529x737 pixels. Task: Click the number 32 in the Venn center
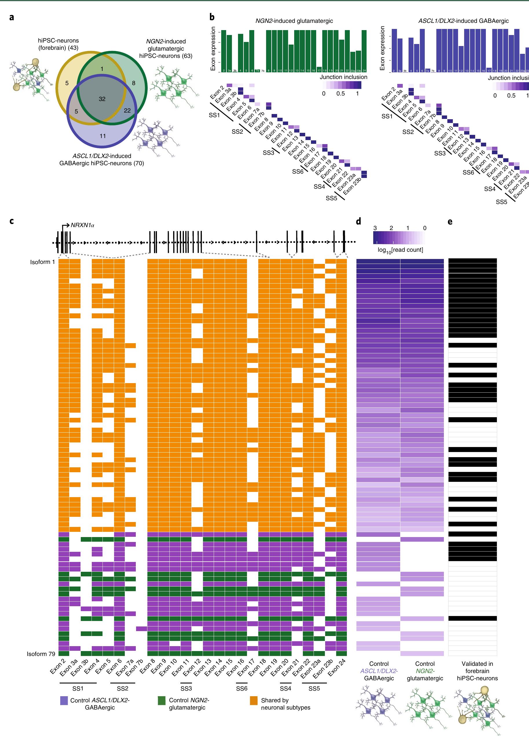[102, 99]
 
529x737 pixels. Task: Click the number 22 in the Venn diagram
[127, 111]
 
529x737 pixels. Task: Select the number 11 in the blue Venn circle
[103, 136]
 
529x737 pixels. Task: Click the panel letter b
[212, 17]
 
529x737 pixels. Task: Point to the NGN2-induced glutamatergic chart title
[294, 21]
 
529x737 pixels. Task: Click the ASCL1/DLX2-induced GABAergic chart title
[463, 21]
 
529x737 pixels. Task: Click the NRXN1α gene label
[82, 225]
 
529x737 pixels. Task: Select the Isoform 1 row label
[43, 262]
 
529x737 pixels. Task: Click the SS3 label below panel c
[186, 688]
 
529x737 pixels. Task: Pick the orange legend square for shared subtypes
[254, 701]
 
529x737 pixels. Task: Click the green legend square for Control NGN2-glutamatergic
[162, 701]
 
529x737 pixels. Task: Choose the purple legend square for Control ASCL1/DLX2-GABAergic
[64, 701]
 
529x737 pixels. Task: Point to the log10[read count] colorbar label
[400, 249]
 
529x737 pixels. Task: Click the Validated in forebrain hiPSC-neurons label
[477, 671]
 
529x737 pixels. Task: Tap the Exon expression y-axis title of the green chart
[213, 48]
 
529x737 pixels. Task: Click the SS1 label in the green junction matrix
[214, 115]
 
